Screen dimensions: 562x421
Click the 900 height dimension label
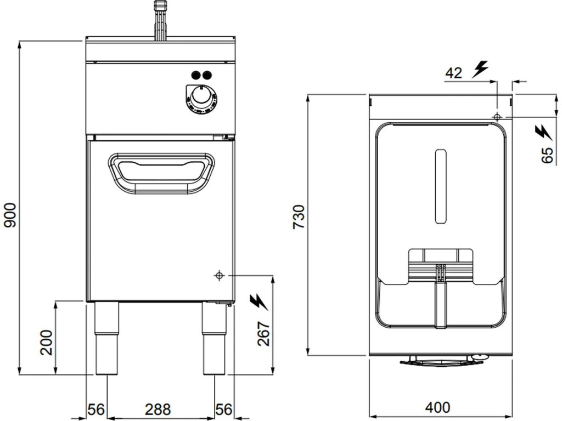(10, 215)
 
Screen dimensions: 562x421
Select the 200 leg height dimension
(46, 343)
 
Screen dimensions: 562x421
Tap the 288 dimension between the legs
(158, 409)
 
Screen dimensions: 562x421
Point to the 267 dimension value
(263, 334)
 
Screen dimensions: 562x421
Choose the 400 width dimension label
(438, 407)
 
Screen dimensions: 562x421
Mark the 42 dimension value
(454, 73)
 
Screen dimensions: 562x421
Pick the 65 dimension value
(547, 155)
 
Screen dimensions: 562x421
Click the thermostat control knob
(201, 96)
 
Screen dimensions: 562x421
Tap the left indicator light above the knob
(196, 75)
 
